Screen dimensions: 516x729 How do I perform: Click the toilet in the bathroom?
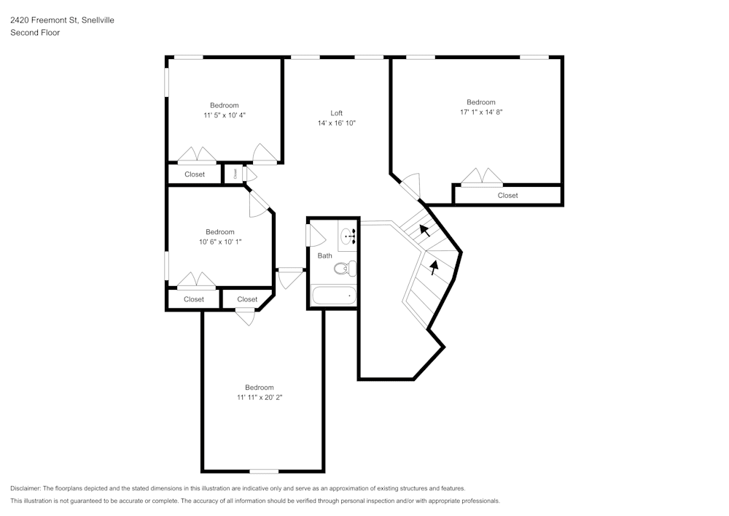(x=345, y=269)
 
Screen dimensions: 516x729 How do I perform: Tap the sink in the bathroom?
(x=348, y=236)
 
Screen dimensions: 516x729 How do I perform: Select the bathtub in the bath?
(x=334, y=296)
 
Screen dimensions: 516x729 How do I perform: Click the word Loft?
(x=336, y=113)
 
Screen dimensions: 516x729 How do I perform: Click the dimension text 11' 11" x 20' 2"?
(x=259, y=398)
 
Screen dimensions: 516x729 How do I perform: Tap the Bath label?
(x=324, y=255)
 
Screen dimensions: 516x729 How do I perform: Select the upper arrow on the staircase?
(x=424, y=231)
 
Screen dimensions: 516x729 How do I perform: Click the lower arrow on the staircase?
(x=434, y=267)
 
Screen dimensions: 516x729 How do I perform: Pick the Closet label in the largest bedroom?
(x=508, y=196)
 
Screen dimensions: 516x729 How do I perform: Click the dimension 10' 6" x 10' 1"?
(x=219, y=242)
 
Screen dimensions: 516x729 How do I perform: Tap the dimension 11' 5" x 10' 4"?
(x=225, y=115)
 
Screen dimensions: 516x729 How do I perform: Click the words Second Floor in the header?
(x=35, y=33)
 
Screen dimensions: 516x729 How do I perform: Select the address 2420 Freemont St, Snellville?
(x=62, y=20)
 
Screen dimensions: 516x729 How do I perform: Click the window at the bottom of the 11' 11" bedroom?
(x=264, y=471)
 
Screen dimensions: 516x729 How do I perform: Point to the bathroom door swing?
(x=316, y=235)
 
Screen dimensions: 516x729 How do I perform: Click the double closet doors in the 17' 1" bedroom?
(x=482, y=177)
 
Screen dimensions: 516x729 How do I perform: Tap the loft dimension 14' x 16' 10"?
(x=336, y=123)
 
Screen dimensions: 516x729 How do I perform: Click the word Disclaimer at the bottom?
(x=26, y=488)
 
